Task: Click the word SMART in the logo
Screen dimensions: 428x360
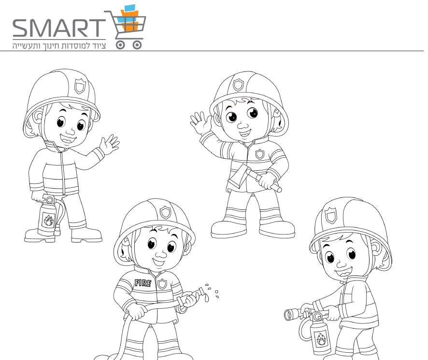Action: pyautogui.click(x=59, y=28)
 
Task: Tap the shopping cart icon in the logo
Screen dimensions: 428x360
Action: pyautogui.click(x=127, y=28)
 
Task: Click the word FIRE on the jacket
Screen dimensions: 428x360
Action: pyautogui.click(x=143, y=283)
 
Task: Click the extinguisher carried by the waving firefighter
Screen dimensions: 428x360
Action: pyautogui.click(x=50, y=215)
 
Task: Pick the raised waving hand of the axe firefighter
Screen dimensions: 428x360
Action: pyautogui.click(x=201, y=123)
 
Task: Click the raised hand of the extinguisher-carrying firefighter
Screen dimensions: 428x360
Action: pyautogui.click(x=109, y=145)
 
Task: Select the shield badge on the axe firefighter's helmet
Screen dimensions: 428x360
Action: pyautogui.click(x=238, y=85)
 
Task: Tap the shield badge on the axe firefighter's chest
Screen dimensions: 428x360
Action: pyautogui.click(x=259, y=154)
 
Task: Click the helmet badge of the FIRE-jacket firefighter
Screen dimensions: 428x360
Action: pyautogui.click(x=165, y=212)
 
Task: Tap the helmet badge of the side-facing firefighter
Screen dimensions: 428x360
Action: pyautogui.click(x=331, y=215)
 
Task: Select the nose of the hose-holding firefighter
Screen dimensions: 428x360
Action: pyautogui.click(x=160, y=254)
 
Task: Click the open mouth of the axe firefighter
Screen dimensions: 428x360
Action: pyautogui.click(x=245, y=133)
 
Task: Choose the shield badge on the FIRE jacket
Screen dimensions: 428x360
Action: pyautogui.click(x=162, y=284)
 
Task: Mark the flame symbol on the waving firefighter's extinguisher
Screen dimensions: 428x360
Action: pyautogui.click(x=49, y=220)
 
